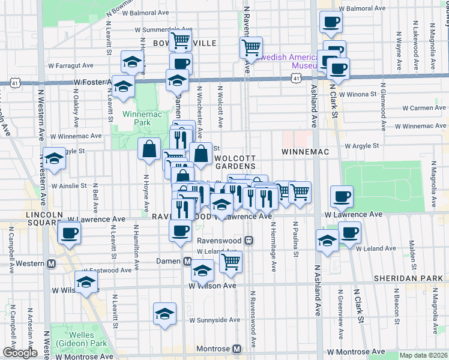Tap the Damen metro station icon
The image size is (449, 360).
coord(187,262)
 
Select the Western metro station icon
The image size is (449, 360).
coord(52,263)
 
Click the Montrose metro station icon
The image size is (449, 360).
coord(237,349)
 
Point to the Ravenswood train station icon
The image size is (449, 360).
coord(249,241)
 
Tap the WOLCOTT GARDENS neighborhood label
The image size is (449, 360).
coord(236,161)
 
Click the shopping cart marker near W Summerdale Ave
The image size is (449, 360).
coord(179,40)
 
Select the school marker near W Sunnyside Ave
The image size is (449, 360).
coord(164,314)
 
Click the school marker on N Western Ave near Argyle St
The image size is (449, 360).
coord(54,159)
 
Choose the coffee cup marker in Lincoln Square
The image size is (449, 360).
coord(69,232)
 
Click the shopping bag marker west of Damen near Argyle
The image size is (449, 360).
coord(149,149)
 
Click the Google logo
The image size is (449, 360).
coord(19,353)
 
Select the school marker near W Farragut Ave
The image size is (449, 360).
coord(133,61)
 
